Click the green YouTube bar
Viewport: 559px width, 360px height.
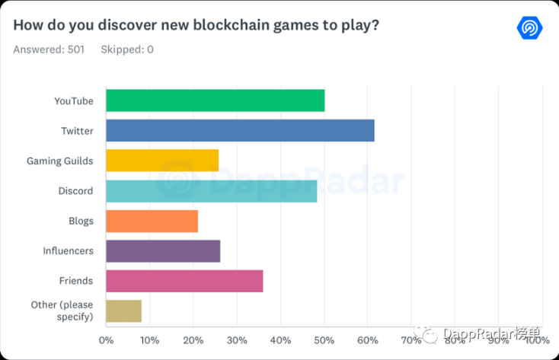point(216,100)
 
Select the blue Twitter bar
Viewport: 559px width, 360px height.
point(241,130)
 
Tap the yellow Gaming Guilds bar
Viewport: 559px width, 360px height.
point(162,161)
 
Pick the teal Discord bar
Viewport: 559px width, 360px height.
point(212,191)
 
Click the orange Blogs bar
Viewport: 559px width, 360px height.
point(152,221)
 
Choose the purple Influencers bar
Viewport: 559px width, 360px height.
point(163,251)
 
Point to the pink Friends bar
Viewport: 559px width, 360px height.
point(184,281)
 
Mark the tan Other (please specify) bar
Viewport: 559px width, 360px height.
point(123,311)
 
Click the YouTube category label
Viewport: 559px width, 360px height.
point(74,101)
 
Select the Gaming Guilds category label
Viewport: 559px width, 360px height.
point(60,161)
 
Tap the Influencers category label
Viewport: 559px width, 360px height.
point(68,251)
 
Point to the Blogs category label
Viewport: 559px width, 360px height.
point(81,221)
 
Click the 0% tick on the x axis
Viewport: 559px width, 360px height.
point(106,340)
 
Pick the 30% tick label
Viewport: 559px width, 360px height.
point(237,340)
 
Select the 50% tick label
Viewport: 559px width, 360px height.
point(324,340)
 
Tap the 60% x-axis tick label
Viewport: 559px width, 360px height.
point(368,340)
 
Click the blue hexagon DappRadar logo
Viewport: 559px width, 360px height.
point(530,27)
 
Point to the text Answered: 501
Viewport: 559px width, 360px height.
point(49,49)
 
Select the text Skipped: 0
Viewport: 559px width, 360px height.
point(127,49)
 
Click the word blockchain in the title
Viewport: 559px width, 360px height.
point(231,25)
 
